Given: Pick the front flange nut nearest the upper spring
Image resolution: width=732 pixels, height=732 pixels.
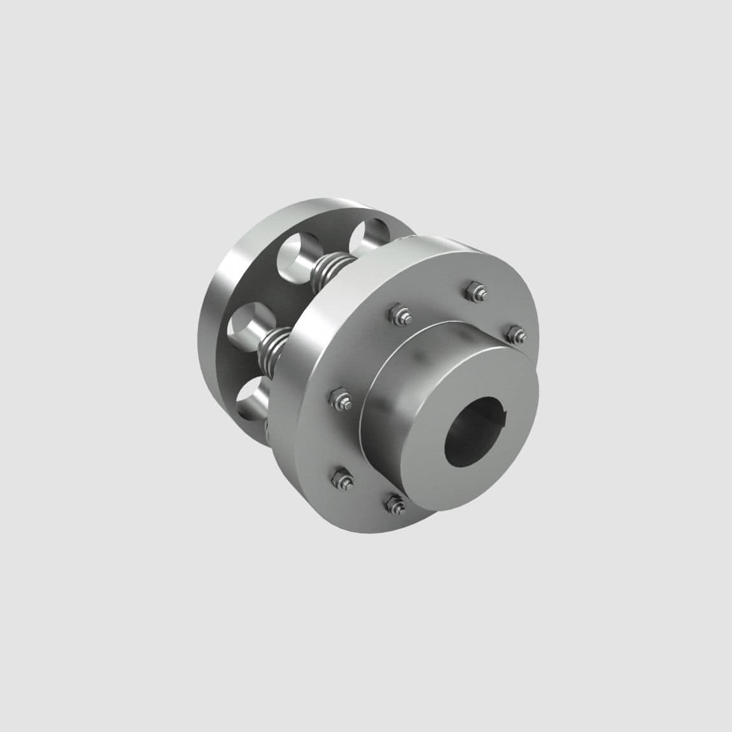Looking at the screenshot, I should click(x=395, y=315).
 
